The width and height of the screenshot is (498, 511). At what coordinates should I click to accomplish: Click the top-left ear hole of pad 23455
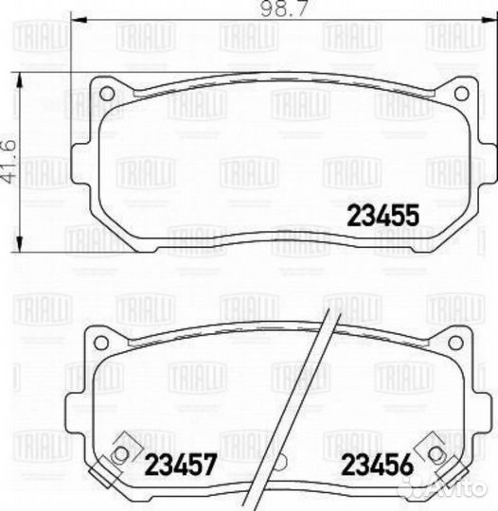tap(106, 93)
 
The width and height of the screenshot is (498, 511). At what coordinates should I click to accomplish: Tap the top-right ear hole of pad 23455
tap(460, 93)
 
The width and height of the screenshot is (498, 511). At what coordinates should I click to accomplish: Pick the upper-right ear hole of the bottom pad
tap(460, 342)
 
